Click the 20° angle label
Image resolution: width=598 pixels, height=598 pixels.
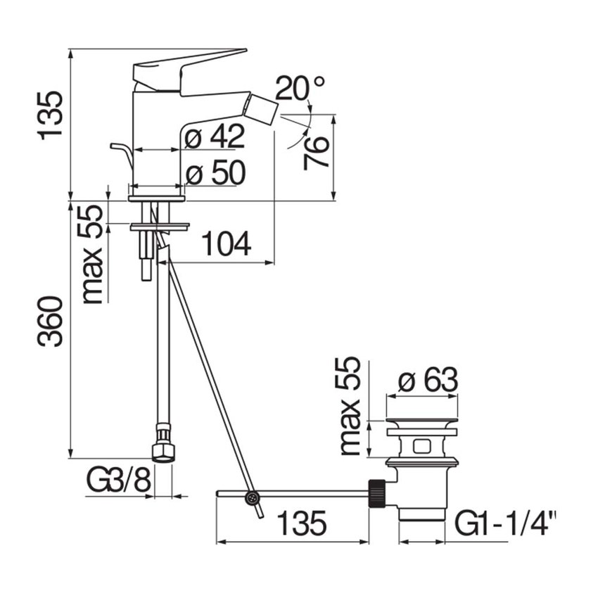click(300, 89)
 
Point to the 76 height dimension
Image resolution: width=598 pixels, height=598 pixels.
click(317, 151)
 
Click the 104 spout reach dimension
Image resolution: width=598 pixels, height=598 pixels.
click(226, 244)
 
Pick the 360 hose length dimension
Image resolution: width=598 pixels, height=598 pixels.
click(52, 322)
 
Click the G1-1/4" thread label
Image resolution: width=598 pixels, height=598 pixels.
click(506, 524)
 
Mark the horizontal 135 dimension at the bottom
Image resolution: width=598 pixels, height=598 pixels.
click(301, 524)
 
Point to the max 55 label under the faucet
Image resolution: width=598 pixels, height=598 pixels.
click(92, 253)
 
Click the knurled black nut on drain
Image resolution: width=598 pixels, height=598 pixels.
click(376, 493)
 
